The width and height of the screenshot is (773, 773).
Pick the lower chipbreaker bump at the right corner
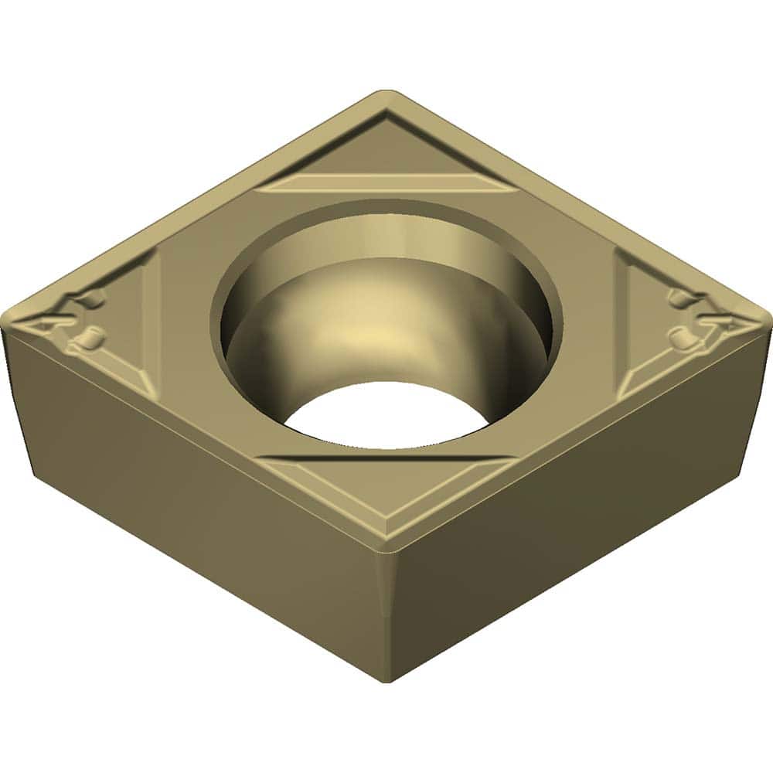tap(685, 336)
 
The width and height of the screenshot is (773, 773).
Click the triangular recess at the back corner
tap(386, 147)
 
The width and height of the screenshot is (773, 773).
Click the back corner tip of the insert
tap(386, 94)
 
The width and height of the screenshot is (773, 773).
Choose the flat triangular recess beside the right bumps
tap(642, 325)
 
